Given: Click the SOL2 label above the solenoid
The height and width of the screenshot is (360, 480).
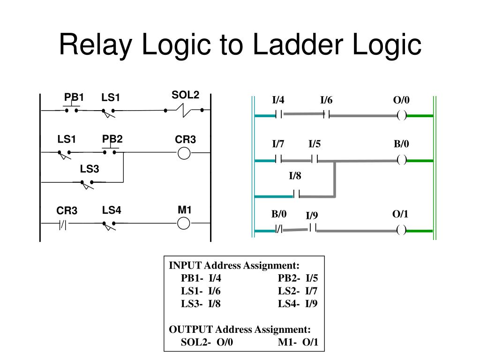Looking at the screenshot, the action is (x=185, y=95).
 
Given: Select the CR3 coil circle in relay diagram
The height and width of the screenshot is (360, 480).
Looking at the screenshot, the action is (x=184, y=153).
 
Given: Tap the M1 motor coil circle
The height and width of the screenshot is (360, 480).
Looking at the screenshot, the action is (x=184, y=223).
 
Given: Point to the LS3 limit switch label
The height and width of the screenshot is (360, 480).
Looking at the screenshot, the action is (x=90, y=169).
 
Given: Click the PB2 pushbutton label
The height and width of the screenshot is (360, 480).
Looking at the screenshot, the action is (x=112, y=139).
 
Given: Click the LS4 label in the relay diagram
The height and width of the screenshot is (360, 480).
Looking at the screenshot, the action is (x=112, y=210).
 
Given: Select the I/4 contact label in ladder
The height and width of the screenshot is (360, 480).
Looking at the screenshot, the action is (x=278, y=100).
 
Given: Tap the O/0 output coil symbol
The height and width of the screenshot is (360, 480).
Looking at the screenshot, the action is (x=402, y=115).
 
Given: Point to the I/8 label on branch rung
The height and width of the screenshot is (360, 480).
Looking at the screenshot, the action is (x=295, y=176).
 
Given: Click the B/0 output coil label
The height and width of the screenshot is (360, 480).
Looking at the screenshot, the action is (x=401, y=143).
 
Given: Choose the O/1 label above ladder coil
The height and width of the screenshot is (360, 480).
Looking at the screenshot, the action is (x=400, y=214).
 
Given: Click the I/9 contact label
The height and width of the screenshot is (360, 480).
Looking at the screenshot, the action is (x=312, y=216).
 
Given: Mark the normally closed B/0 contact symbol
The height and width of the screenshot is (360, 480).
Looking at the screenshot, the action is (x=279, y=229).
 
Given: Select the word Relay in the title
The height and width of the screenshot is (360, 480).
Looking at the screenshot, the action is (x=95, y=45).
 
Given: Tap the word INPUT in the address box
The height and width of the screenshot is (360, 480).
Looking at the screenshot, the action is (x=185, y=265).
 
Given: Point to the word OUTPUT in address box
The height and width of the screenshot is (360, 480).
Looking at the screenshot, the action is (x=191, y=330).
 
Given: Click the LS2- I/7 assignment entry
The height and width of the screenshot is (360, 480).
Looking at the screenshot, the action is (x=298, y=291).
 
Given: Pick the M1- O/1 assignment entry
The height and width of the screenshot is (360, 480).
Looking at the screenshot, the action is (x=298, y=342).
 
